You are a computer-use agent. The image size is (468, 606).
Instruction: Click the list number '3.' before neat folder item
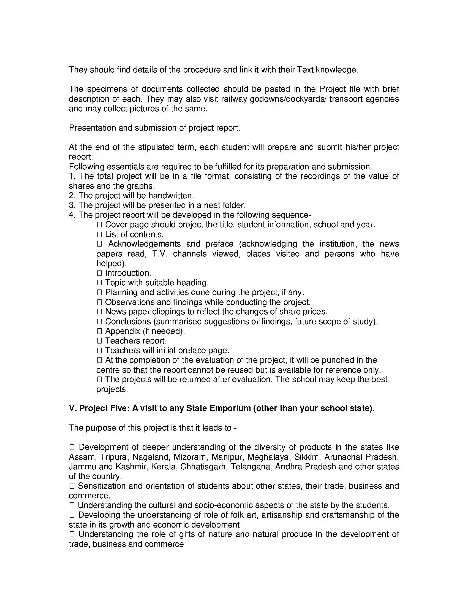[72, 205]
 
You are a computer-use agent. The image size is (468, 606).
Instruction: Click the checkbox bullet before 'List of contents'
[100, 234]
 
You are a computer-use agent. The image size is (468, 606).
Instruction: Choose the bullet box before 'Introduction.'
[100, 273]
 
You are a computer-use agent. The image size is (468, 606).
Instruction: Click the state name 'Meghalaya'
[268, 457]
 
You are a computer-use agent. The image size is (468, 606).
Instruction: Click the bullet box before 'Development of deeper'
[72, 447]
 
